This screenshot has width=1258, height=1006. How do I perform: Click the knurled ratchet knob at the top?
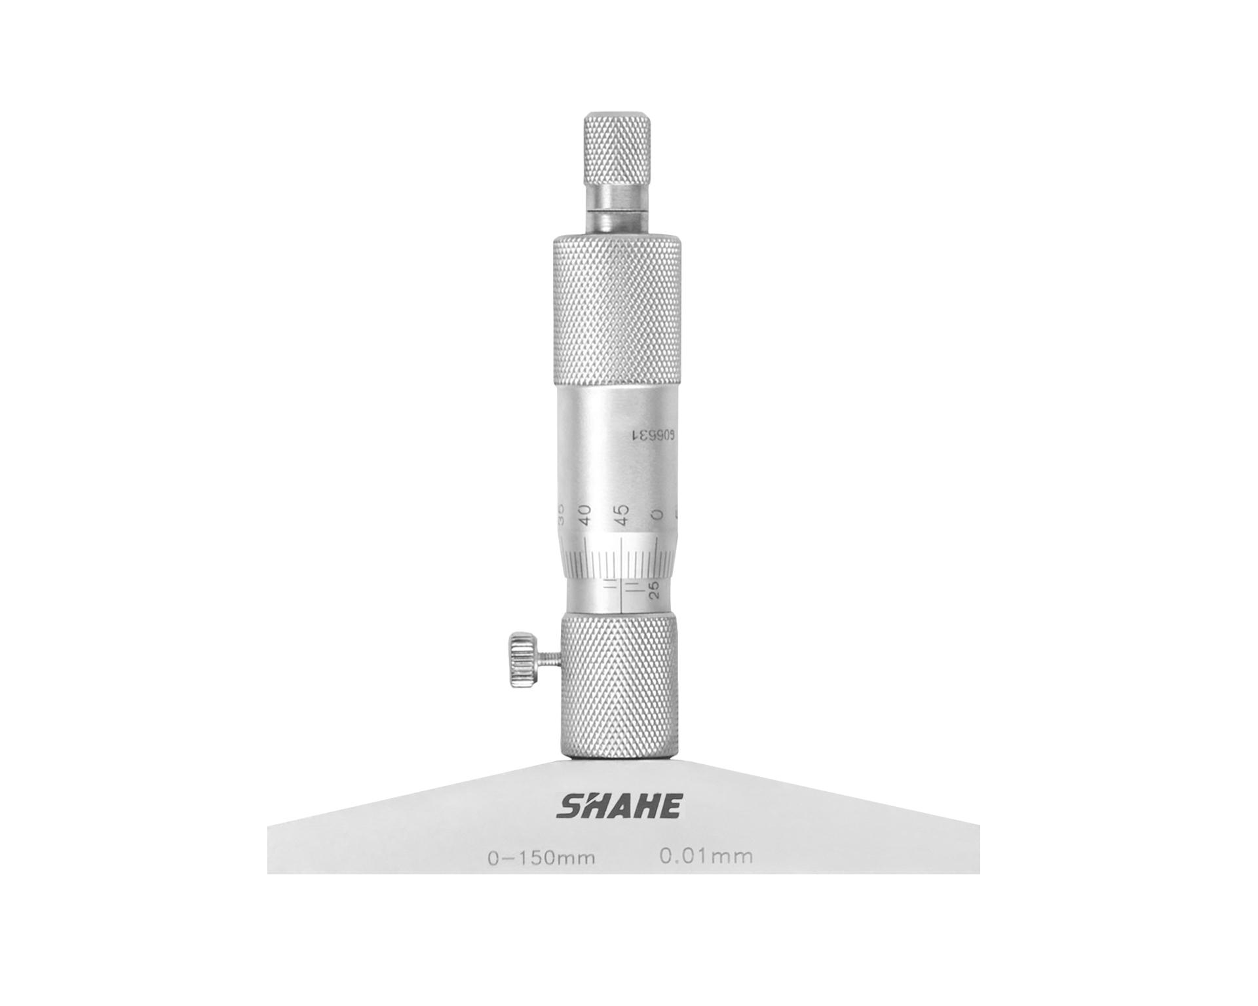click(x=617, y=149)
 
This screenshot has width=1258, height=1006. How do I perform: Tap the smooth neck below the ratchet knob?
click(x=617, y=210)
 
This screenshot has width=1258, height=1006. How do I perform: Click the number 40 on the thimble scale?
click(x=585, y=514)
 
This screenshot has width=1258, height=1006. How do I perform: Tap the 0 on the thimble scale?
click(x=658, y=514)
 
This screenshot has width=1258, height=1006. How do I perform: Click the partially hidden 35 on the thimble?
click(x=562, y=513)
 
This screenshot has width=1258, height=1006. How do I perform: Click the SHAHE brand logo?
click(x=619, y=806)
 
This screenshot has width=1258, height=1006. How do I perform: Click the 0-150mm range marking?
click(x=541, y=857)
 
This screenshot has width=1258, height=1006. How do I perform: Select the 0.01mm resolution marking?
click(x=706, y=855)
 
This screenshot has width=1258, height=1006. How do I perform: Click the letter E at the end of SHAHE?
click(x=670, y=806)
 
